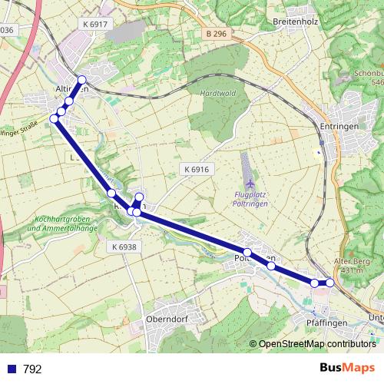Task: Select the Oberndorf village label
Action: click(167, 319)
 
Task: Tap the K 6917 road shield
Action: click(96, 25)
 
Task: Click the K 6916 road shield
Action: click(197, 169)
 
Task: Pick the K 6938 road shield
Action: click(123, 247)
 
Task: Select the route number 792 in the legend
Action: click(32, 369)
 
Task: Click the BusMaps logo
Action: click(346, 368)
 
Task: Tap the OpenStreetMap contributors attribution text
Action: click(316, 344)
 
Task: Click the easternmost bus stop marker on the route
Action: click(330, 283)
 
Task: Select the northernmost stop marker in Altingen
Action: click(81, 81)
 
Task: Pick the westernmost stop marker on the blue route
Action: click(55, 118)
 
